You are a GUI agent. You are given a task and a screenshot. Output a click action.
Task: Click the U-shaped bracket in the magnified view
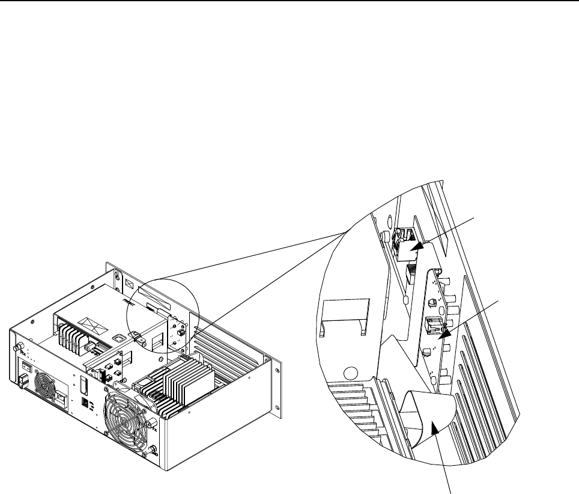(x=343, y=313)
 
